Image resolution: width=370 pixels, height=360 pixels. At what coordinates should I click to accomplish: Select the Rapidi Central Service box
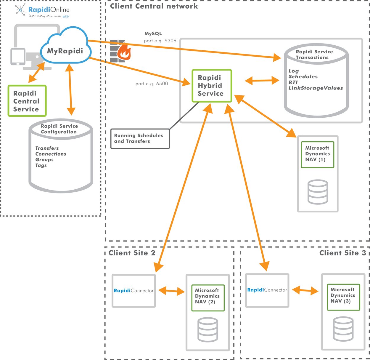pyautogui.click(x=27, y=101)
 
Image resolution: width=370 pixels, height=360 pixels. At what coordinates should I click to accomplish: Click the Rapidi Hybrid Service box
pyautogui.click(x=211, y=86)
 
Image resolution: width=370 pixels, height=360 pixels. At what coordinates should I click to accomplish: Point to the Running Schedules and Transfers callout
pyautogui.click(x=140, y=138)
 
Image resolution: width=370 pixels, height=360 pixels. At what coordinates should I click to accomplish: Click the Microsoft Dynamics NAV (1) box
pyautogui.click(x=317, y=154)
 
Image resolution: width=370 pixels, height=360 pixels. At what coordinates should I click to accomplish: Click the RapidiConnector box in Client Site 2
pyautogui.click(x=134, y=291)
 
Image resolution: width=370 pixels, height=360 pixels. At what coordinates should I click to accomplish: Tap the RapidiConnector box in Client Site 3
pyautogui.click(x=267, y=290)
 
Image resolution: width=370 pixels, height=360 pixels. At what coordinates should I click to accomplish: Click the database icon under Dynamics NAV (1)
pyautogui.click(x=318, y=192)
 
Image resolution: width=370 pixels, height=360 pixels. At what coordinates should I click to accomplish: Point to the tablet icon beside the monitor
pyautogui.click(x=18, y=56)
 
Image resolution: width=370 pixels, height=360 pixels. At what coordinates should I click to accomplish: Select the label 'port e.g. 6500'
pyautogui.click(x=152, y=84)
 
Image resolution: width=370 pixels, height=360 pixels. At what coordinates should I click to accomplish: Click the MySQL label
pyautogui.click(x=153, y=34)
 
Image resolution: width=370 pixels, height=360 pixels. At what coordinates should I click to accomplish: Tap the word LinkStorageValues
pyautogui.click(x=316, y=88)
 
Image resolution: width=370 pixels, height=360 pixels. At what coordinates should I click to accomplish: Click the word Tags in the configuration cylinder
pyautogui.click(x=41, y=165)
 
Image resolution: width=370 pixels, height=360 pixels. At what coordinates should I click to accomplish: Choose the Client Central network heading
pyautogui.click(x=154, y=6)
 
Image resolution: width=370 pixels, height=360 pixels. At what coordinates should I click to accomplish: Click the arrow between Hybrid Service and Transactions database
pyautogui.click(x=262, y=80)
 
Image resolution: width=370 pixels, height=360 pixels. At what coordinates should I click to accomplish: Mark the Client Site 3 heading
pyautogui.click(x=342, y=253)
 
